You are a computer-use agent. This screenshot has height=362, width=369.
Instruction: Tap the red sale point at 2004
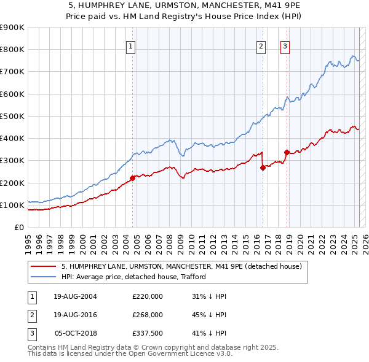tap(133, 178)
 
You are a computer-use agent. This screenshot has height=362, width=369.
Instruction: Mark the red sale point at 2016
tap(263, 167)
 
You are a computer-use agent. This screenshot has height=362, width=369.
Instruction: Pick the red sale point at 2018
tap(287, 152)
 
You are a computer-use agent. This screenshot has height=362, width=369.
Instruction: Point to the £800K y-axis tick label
tap(12, 50)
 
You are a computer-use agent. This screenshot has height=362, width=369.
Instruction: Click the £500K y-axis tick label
tap(12, 116)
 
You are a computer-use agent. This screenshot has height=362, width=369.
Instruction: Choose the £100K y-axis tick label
tap(12, 205)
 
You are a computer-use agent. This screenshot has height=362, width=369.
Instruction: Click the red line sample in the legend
tap(43, 267)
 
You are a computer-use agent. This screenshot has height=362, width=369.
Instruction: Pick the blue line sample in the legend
tap(43, 277)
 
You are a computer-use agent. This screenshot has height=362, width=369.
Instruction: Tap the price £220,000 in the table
tap(148, 296)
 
